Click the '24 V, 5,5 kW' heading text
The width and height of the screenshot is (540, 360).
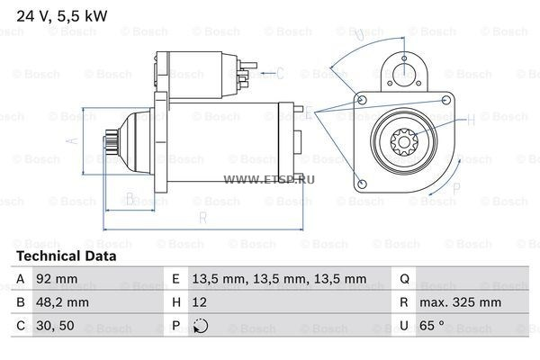point(62,16)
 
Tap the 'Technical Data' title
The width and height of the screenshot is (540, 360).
point(66,256)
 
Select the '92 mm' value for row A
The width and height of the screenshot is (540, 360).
point(57,279)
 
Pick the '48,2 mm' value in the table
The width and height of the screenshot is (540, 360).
point(62,302)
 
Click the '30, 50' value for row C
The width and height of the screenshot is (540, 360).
point(55,326)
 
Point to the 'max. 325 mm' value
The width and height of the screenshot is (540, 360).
point(460,302)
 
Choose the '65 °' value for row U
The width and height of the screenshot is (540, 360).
point(431,325)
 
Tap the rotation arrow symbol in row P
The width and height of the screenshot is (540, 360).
point(201,326)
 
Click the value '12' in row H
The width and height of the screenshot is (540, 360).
point(200,302)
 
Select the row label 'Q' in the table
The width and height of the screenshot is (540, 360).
point(405,279)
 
